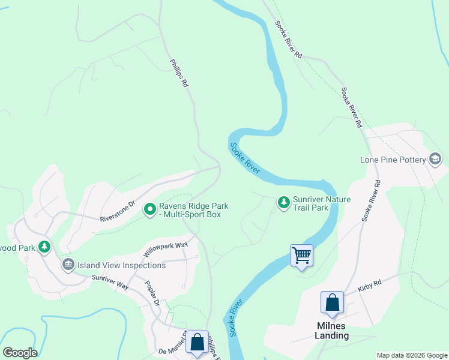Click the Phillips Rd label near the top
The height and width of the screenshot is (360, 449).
[179, 73]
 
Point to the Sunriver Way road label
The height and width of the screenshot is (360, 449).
[110, 282]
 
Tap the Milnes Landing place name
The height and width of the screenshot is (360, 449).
[332, 331]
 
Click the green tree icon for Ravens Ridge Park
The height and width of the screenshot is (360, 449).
[149, 209]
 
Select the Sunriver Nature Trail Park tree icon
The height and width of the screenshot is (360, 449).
[283, 203]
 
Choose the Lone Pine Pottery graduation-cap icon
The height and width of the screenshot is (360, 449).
[435, 160]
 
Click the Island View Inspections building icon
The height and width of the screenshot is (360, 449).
[68, 265]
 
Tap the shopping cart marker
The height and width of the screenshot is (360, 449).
[301, 255]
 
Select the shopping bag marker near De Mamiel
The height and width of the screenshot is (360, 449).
[197, 342]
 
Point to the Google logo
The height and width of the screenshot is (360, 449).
[20, 353]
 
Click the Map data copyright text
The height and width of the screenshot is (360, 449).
[412, 355]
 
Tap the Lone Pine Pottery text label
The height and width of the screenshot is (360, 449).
[393, 160]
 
